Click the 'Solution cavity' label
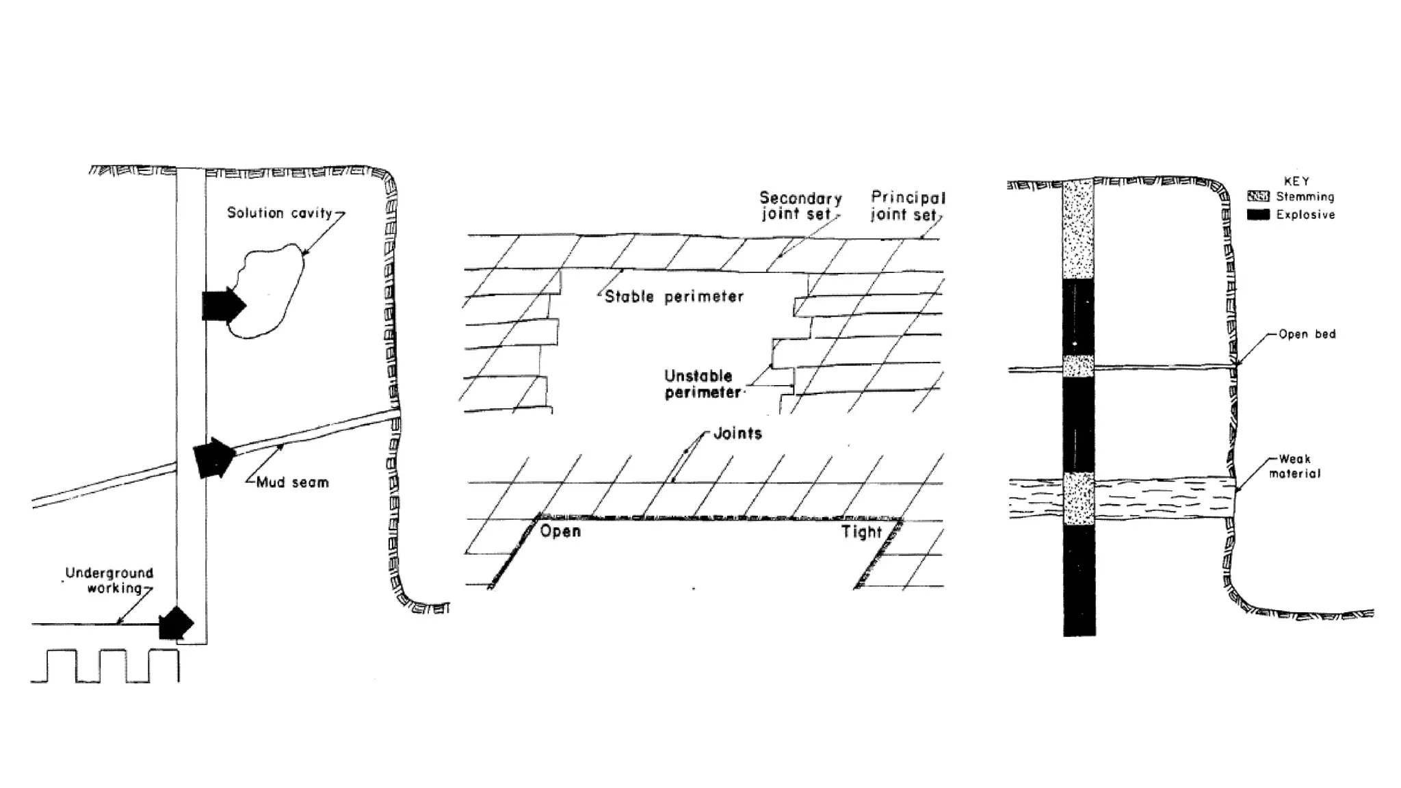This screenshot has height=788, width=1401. pyautogui.click(x=279, y=213)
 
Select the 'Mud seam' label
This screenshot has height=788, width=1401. pyautogui.click(x=292, y=483)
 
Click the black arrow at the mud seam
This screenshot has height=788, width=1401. pyautogui.click(x=213, y=458)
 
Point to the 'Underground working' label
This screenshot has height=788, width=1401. pyautogui.click(x=109, y=581)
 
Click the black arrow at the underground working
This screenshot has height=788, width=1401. pyautogui.click(x=176, y=622)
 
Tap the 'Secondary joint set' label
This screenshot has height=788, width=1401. pyautogui.click(x=800, y=206)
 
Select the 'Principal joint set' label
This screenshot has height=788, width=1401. pyautogui.click(x=907, y=206)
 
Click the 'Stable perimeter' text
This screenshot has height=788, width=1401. pyautogui.click(x=674, y=297)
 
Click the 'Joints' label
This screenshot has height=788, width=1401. pyautogui.click(x=737, y=434)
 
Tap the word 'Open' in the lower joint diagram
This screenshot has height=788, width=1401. pyautogui.click(x=560, y=531)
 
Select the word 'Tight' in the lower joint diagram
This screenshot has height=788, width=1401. pyautogui.click(x=861, y=532)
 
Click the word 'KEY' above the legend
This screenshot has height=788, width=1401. pyautogui.click(x=1296, y=181)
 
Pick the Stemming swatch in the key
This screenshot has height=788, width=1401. pyautogui.click(x=1258, y=197)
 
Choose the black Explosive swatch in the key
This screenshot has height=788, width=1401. pyautogui.click(x=1258, y=215)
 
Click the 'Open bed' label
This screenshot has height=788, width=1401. pyautogui.click(x=1307, y=334)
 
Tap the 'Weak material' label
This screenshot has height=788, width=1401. pyautogui.click(x=1294, y=467)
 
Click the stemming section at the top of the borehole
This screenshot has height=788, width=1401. pyautogui.click(x=1078, y=229)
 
